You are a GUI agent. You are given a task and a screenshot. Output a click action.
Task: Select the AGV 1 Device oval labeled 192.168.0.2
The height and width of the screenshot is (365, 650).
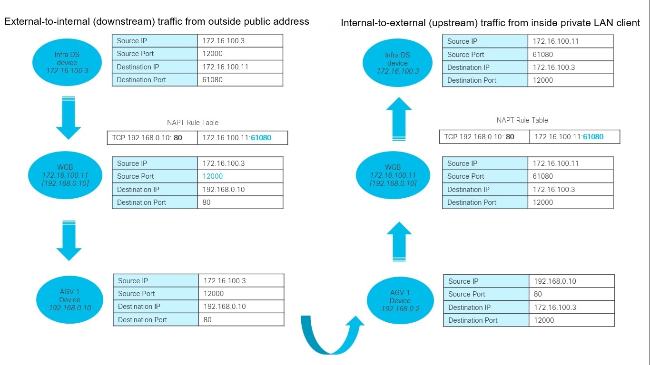tap(400, 300)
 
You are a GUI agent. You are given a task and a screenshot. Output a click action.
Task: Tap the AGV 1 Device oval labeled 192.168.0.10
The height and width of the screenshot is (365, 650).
tap(69, 299)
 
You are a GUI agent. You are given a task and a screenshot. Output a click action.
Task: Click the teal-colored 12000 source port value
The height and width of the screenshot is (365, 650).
tap(212, 176)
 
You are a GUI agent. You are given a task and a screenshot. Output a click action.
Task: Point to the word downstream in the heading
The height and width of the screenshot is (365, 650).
tap(125, 22)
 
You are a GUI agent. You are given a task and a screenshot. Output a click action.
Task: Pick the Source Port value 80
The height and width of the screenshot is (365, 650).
tap(538, 294)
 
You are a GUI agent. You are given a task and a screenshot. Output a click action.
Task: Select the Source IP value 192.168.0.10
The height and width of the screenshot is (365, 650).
tap(555, 281)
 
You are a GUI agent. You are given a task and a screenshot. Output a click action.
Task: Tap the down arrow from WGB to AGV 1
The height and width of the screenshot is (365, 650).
tap(69, 240)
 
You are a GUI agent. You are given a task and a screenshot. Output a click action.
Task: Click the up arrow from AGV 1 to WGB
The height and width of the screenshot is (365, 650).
tap(399, 241)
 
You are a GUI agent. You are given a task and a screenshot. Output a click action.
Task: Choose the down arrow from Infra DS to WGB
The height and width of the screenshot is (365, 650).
tap(69, 118)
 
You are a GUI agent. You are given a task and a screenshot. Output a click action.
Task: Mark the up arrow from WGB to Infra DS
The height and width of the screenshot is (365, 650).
tap(399, 119)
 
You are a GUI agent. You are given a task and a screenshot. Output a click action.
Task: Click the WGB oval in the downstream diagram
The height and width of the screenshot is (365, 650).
tap(65, 175)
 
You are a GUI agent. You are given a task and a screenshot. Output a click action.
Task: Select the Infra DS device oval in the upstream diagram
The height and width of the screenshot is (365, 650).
tap(397, 63)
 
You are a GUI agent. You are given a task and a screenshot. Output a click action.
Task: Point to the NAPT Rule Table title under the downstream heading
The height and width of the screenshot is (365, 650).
tap(193, 123)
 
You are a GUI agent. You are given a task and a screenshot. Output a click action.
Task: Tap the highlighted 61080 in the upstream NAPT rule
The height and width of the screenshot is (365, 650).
tap(593, 137)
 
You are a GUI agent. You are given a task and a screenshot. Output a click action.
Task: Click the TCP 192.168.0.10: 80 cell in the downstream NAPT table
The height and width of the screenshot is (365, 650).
tap(152, 138)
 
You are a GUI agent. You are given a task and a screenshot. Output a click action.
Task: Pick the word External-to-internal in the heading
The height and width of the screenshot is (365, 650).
tap(47, 21)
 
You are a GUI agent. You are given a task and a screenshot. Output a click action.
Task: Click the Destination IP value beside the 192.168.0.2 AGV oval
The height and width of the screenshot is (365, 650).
tap(555, 307)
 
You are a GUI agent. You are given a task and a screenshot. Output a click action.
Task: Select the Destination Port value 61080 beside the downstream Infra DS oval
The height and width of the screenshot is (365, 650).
tap(212, 80)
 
